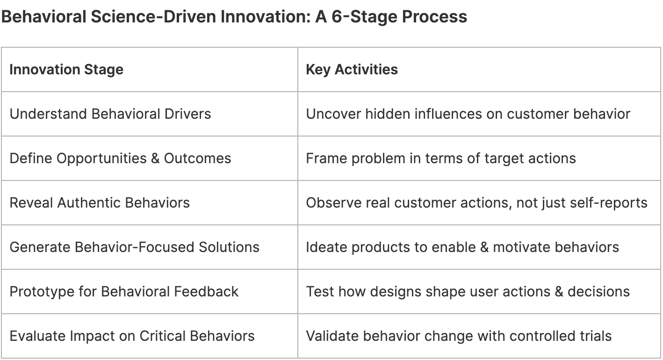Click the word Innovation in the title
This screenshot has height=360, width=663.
(x=266, y=16)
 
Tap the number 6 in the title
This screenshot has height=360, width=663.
(x=337, y=16)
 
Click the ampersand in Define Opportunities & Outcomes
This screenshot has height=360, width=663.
(x=155, y=158)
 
